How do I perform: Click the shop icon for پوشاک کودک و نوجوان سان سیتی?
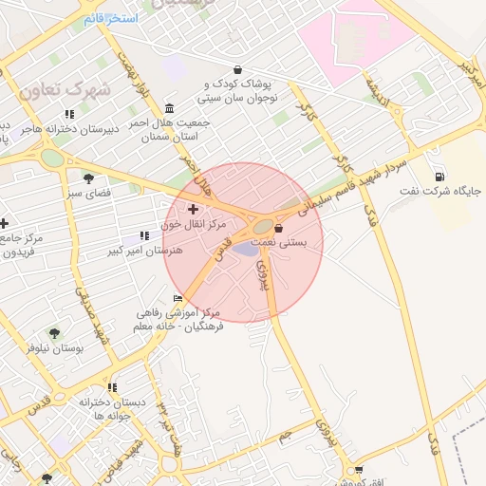pos(237,69)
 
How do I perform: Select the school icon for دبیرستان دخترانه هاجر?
pos(69,114)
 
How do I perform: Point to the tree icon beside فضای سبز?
pos(88,178)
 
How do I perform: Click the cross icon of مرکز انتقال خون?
pos(194,209)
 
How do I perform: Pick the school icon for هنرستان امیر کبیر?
pos(144,234)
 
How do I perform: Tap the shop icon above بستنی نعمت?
pos(279,228)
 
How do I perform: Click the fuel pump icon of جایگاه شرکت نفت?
pos(439,177)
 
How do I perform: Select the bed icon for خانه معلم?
pos(178,299)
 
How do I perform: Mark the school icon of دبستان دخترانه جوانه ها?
pos(112,387)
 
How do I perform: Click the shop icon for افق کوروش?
pos(357,469)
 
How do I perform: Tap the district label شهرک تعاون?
pos(65,89)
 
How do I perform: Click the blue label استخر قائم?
pos(110,19)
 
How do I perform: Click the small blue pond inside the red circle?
pos(246,249)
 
